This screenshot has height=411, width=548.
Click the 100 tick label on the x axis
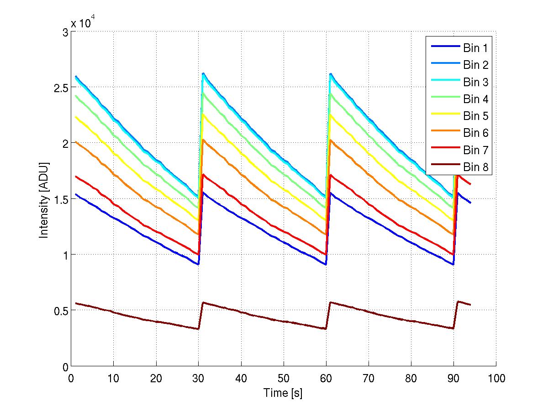point(496,378)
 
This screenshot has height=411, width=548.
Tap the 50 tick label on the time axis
point(284,378)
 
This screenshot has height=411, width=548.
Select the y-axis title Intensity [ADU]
point(44,199)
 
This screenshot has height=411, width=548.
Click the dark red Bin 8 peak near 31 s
point(203,302)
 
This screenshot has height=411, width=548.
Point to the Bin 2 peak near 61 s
point(331,73)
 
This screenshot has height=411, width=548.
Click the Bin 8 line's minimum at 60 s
point(326,328)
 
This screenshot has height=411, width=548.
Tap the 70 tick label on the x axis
point(369,378)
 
